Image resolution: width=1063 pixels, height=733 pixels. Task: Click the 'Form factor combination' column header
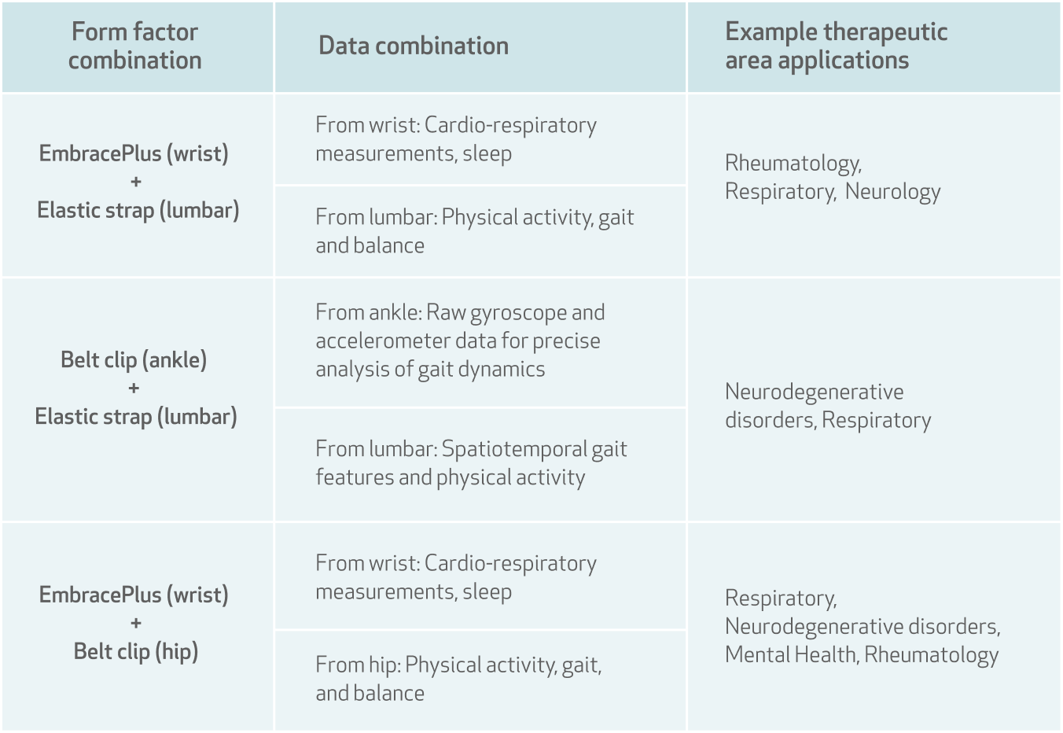point(134,46)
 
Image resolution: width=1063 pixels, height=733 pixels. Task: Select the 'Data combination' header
point(414,46)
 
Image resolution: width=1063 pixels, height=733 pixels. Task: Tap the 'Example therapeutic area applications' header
point(836,46)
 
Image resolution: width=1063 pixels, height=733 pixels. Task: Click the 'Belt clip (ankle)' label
point(134,360)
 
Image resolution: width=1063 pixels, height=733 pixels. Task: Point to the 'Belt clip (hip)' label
point(136,651)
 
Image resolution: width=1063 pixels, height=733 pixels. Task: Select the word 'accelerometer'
point(382,341)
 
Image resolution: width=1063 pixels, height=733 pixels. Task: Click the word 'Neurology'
point(892,192)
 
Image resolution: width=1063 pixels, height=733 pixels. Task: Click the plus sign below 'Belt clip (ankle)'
point(134,389)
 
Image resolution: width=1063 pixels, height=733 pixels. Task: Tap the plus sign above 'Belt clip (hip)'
point(136,623)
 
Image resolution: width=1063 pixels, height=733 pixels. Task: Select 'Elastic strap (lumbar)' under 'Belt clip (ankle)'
point(136,417)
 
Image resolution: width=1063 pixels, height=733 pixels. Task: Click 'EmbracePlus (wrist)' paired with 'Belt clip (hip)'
point(134,595)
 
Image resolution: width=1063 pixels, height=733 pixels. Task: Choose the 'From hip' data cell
point(458,680)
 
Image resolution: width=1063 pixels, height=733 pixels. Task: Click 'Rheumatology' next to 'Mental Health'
point(931,655)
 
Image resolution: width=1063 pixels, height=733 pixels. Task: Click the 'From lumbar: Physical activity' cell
point(475,231)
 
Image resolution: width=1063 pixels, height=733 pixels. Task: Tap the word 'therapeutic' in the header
point(885,32)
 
